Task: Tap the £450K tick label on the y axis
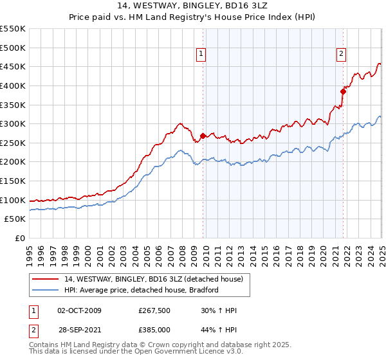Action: pos(13,66)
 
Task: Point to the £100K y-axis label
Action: pos(13,200)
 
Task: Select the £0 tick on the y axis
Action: pos(21,238)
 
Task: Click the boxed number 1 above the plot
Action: pos(202,55)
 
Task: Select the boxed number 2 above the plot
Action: pos(342,55)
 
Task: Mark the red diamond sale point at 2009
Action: pos(203,136)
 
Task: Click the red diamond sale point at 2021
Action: pos(344,91)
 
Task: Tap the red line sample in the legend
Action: pos(46,279)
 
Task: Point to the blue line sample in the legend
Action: pos(46,290)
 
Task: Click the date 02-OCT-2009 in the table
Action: pos(79,310)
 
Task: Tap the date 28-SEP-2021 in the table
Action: pos(79,328)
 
